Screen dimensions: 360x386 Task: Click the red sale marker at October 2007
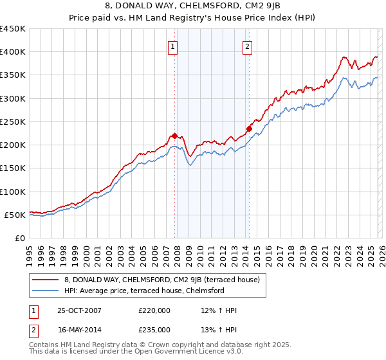pyautogui.click(x=174, y=136)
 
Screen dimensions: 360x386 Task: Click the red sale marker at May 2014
pyautogui.click(x=249, y=129)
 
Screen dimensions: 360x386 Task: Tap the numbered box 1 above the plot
pyautogui.click(x=174, y=46)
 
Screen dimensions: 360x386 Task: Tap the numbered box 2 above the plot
pyautogui.click(x=248, y=46)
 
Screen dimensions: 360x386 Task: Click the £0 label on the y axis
pyautogui.click(x=20, y=238)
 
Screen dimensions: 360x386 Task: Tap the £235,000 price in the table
pyautogui.click(x=154, y=329)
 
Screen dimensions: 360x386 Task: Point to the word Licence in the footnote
pyautogui.click(x=180, y=353)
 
